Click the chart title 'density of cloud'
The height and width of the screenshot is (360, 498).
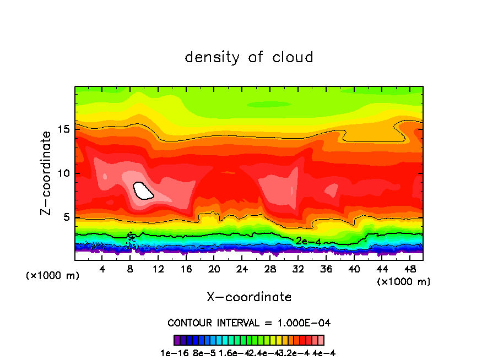pyautogui.click(x=249, y=57)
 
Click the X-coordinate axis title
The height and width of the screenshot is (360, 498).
pyautogui.click(x=249, y=297)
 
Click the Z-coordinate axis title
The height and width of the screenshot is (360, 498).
pyautogui.click(x=47, y=173)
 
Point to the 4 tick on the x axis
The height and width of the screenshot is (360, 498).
pyautogui.click(x=102, y=269)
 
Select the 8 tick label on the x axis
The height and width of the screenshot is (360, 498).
pyautogui.click(x=131, y=269)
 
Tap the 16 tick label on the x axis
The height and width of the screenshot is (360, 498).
pyautogui.click(x=186, y=269)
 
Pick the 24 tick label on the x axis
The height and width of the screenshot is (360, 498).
pyautogui.click(x=242, y=269)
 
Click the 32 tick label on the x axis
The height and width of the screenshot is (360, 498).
pyautogui.click(x=298, y=269)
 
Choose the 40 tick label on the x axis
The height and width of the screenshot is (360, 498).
pyautogui.click(x=354, y=269)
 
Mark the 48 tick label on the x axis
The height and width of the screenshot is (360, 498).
pyautogui.click(x=409, y=269)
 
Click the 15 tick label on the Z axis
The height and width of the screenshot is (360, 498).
pyautogui.click(x=64, y=129)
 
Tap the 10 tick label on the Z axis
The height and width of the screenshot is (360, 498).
pyautogui.click(x=64, y=173)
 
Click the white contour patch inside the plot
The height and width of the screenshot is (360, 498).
pyautogui.click(x=143, y=190)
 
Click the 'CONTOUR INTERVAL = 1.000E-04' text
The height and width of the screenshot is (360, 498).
pyautogui.click(x=249, y=323)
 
